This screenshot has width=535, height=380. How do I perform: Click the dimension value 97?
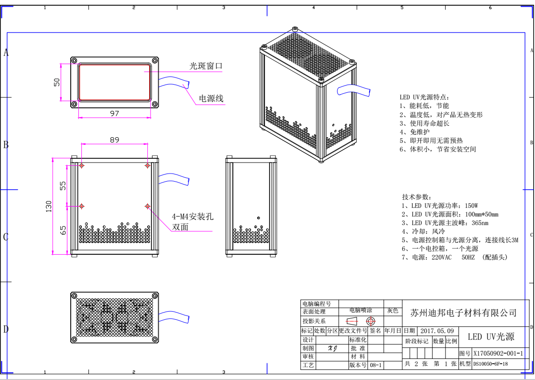point(115,113)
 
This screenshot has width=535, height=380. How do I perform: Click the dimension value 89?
point(114,140)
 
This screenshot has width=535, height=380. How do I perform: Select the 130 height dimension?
point(49,206)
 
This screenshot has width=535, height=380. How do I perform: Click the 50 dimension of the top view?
point(57,82)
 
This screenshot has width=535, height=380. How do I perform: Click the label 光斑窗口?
point(206,66)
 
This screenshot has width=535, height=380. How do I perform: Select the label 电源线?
point(211,98)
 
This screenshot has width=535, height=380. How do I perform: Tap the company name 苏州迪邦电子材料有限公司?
point(464,313)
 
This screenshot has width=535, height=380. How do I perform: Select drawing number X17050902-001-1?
point(498,354)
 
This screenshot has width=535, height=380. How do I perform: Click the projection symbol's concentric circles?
point(370,321)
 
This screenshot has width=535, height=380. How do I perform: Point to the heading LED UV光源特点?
point(425,97)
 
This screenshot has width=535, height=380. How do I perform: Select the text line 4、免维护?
point(415,131)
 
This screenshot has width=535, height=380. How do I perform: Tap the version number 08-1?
point(376,365)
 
